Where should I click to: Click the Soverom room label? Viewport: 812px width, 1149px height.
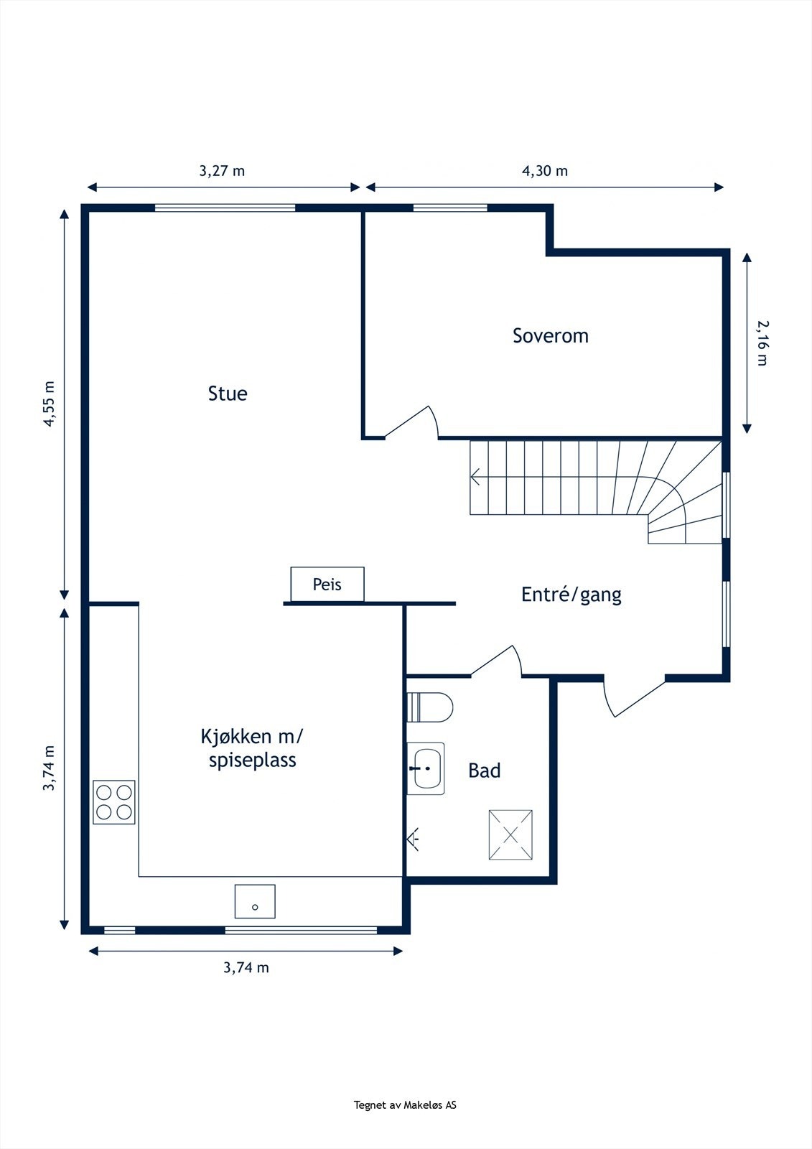(551, 335)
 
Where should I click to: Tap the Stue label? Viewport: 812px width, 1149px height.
(228, 394)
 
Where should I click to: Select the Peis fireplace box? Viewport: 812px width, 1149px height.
(327, 585)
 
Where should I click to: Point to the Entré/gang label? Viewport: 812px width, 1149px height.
(571, 595)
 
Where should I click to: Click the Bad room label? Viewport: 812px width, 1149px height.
(484, 771)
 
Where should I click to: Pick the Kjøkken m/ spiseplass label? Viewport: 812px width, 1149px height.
(252, 748)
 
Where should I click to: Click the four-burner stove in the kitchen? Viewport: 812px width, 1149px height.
(114, 802)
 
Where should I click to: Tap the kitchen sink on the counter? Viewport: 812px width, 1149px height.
(255, 901)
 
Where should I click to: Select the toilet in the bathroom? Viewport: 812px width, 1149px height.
(430, 707)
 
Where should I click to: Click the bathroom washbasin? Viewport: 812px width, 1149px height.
(426, 768)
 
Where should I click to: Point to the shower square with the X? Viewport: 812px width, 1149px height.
(510, 834)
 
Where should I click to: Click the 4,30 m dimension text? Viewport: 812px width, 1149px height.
(545, 171)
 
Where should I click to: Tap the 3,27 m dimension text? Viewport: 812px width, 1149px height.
(222, 171)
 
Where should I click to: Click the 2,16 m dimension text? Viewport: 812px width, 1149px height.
(763, 343)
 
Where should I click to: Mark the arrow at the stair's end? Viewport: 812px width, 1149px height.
(475, 477)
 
